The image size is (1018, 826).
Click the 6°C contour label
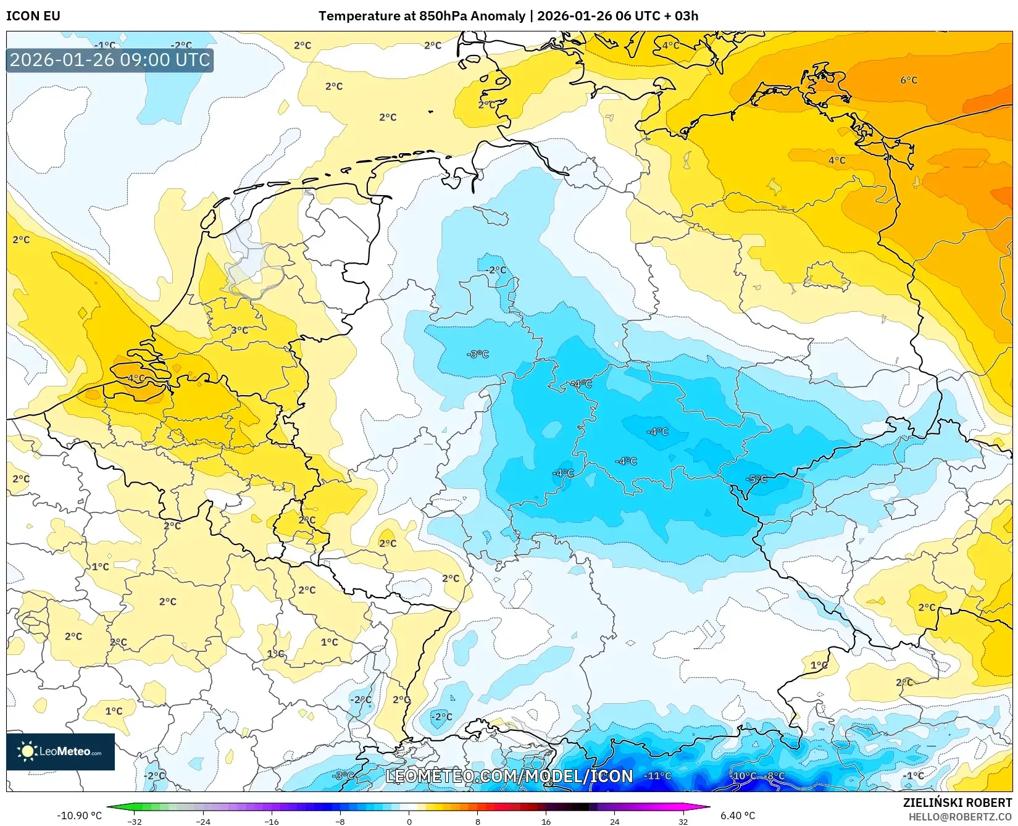pyautogui.click(x=908, y=80)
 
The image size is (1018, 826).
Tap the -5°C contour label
pyautogui.click(x=756, y=479)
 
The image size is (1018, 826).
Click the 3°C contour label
pyautogui.click(x=240, y=330)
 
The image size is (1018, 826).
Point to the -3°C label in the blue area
pyautogui.click(x=477, y=354)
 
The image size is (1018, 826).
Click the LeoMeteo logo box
pyautogui.click(x=60, y=751)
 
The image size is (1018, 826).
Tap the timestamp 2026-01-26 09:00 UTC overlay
pyautogui.click(x=110, y=60)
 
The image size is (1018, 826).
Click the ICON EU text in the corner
pyautogui.click(x=33, y=16)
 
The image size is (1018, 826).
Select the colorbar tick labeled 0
pyautogui.click(x=409, y=822)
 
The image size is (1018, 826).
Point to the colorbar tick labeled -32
pyautogui.click(x=135, y=822)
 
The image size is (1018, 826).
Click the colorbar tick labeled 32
pyautogui.click(x=683, y=822)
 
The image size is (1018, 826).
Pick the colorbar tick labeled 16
pyautogui.click(x=546, y=822)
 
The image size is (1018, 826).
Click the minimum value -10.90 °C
pyautogui.click(x=79, y=816)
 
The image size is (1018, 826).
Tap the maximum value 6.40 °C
pyautogui.click(x=738, y=816)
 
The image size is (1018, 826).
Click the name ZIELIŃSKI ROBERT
pyautogui.click(x=957, y=803)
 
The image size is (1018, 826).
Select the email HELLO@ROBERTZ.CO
pyautogui.click(x=960, y=817)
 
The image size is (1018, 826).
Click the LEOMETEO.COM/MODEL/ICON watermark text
pyautogui.click(x=509, y=776)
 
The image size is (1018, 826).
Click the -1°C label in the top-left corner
pyautogui.click(x=105, y=45)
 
